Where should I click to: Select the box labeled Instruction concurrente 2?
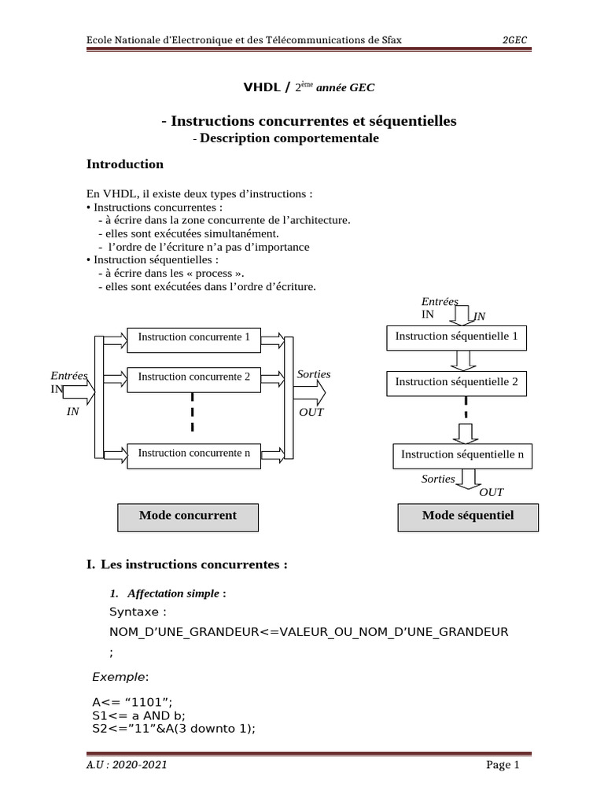click(x=193, y=378)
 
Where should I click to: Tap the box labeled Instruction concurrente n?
click(x=193, y=454)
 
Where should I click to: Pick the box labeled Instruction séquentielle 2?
click(x=456, y=383)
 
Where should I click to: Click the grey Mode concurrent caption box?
click(x=187, y=516)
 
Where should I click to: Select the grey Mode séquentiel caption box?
click(x=467, y=516)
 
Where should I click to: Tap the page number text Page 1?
click(x=503, y=765)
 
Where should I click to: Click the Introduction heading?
click(x=124, y=164)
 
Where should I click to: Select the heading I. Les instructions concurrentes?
click(x=187, y=564)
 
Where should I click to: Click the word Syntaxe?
click(x=138, y=612)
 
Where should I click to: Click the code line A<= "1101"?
click(x=131, y=701)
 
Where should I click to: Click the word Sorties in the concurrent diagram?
click(x=313, y=374)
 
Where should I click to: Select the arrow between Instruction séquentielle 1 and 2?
click(x=462, y=360)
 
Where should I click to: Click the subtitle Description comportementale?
click(x=289, y=138)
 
